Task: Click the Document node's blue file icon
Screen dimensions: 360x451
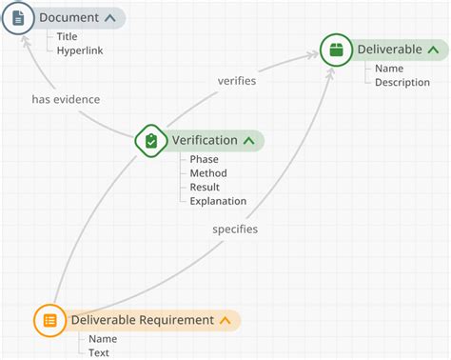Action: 18,18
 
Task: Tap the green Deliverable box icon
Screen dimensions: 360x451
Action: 336,49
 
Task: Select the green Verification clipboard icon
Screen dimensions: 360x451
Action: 151,141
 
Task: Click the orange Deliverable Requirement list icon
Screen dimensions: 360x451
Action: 50,320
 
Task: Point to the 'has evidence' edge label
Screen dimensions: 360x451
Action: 66,99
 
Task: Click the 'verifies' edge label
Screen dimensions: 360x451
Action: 237,81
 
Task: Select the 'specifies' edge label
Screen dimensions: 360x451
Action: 235,230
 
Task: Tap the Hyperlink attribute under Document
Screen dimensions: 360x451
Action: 80,50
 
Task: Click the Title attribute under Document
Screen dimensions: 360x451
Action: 67,36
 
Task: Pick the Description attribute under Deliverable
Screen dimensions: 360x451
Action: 402,82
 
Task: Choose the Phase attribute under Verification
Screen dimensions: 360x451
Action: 205,159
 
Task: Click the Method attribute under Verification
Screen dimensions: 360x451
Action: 208,173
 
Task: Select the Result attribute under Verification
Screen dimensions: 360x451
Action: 206,188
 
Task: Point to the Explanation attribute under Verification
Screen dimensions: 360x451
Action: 218,201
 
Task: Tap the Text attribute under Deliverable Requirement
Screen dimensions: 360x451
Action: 99,352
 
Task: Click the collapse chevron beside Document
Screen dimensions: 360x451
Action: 109,18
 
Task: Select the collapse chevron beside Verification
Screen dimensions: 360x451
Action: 248,141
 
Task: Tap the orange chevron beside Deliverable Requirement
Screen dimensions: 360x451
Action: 225,320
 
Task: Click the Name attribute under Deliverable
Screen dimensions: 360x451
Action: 389,69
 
